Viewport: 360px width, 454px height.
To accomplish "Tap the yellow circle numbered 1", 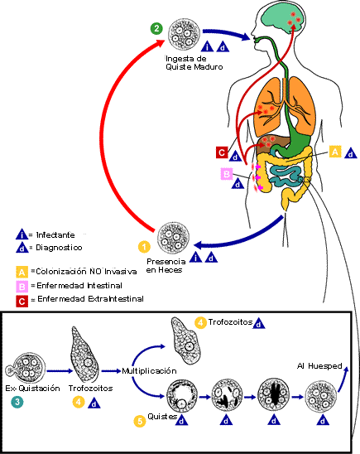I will pos(144,246).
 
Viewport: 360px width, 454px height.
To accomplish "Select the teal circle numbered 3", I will pos(17,402).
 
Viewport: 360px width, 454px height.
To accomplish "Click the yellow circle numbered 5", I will pos(141,420).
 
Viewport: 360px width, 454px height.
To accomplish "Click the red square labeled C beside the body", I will pos(222,152).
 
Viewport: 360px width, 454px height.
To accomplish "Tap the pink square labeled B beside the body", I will pos(226,174).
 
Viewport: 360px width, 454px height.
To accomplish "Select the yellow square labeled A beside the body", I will pos(335,152).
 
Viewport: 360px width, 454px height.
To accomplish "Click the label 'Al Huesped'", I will pos(314,365).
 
